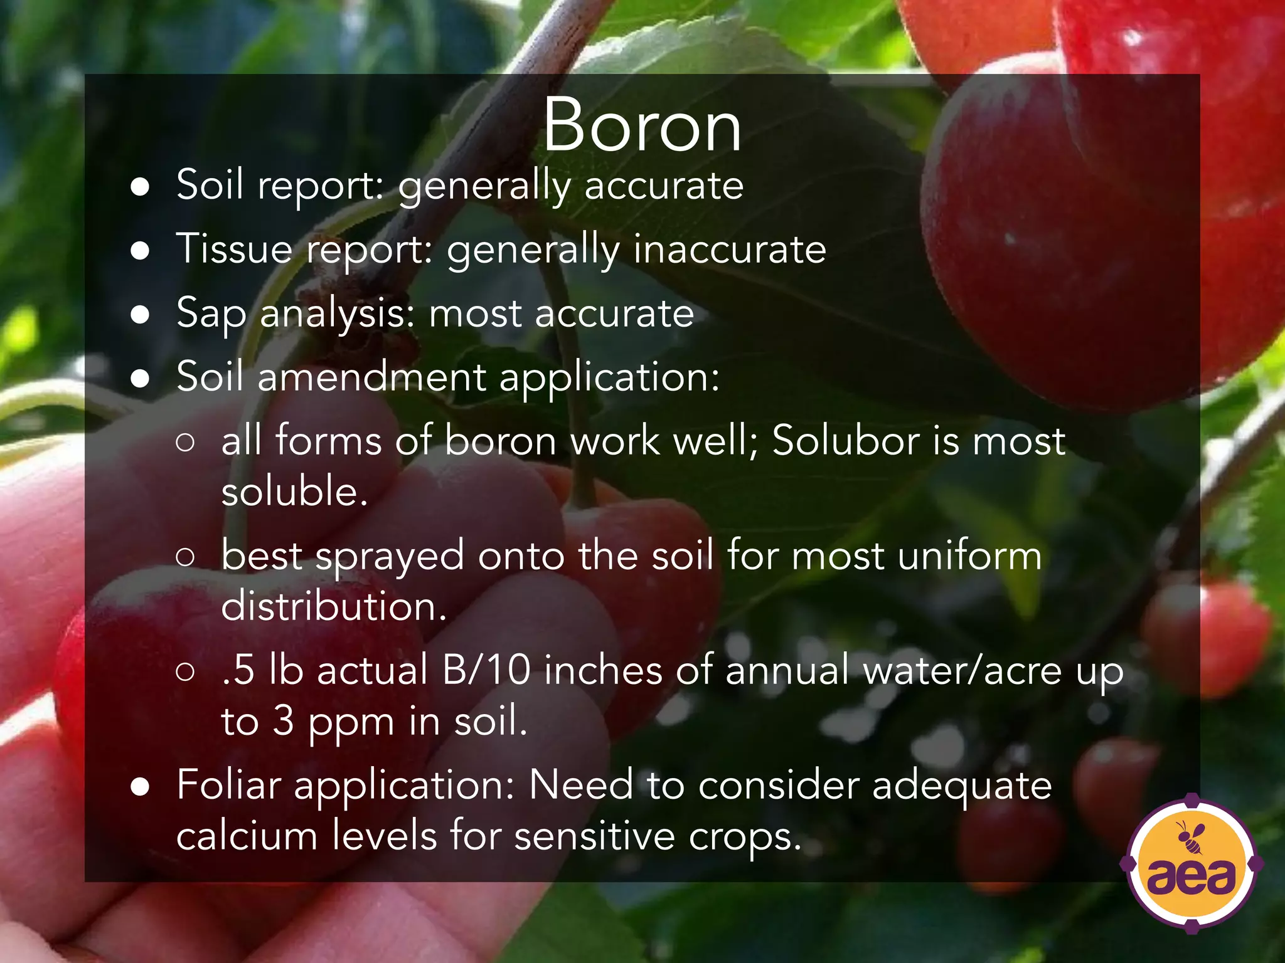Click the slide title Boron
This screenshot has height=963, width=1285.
click(x=642, y=125)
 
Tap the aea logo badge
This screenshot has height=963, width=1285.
click(x=1191, y=865)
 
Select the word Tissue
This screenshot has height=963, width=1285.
click(x=235, y=248)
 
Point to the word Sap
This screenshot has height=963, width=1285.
click(x=211, y=313)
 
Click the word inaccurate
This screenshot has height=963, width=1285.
click(x=730, y=249)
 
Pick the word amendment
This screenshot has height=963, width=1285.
click(x=371, y=377)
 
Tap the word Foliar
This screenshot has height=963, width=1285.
click(x=228, y=784)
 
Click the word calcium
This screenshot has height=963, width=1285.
click(x=247, y=836)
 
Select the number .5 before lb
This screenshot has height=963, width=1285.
click(x=238, y=670)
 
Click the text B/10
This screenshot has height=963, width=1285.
click(x=486, y=670)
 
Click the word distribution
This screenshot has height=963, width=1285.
click(x=334, y=607)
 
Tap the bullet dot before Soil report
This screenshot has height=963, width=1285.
click(x=140, y=187)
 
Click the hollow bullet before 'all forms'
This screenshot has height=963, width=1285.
click(x=185, y=443)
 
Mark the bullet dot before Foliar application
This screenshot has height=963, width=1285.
click(x=140, y=787)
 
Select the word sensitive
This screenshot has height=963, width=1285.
click(x=594, y=836)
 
